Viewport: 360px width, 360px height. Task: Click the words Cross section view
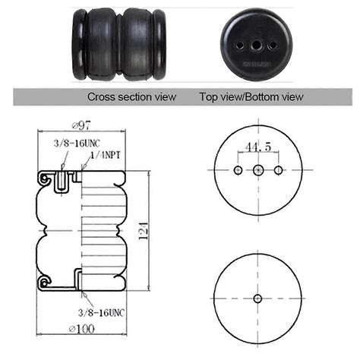[131, 97]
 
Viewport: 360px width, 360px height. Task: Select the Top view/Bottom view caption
[251, 97]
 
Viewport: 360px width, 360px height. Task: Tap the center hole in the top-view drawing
[258, 170]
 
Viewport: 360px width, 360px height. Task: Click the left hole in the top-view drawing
[238, 170]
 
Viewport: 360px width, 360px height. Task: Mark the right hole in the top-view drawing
[279, 170]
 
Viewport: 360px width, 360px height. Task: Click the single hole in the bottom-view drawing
[258, 298]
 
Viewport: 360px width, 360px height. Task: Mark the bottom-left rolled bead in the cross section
[46, 282]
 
